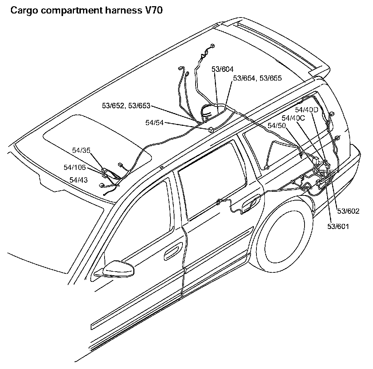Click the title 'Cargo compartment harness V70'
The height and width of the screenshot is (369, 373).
[x=87, y=10]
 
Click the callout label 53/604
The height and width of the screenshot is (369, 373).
[x=222, y=69]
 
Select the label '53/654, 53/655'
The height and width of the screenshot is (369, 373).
[x=257, y=78]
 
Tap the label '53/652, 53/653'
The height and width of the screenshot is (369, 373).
[x=126, y=106]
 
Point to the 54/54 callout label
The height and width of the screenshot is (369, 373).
[x=154, y=123]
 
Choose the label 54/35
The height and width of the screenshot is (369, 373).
[x=81, y=150]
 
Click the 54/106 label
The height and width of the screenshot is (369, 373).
[x=75, y=167]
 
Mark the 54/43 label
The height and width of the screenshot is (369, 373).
[x=78, y=180]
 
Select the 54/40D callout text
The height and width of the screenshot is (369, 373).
[x=307, y=109]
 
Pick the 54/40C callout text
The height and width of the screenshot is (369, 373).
[x=293, y=117]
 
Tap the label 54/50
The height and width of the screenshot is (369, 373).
[x=276, y=125]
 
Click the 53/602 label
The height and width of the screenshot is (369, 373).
[x=349, y=211]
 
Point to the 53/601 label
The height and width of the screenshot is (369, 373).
[x=338, y=226]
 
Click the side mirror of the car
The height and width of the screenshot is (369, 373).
[x=118, y=271]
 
